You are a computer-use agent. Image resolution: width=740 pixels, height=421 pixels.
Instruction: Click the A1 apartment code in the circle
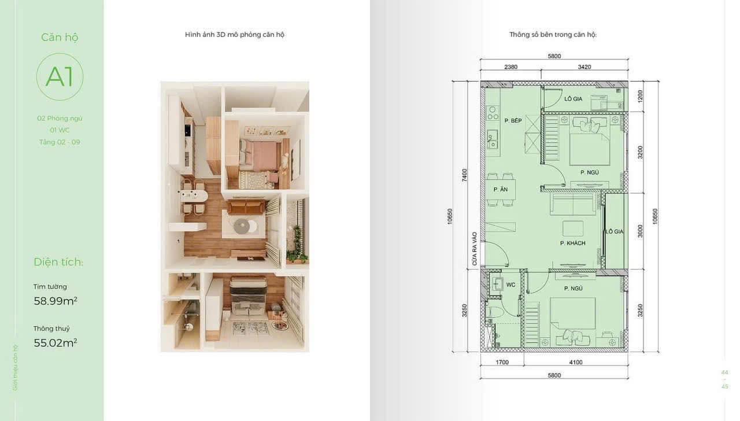coord(60,77)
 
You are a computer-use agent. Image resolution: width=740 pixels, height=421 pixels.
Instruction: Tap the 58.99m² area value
coord(55,301)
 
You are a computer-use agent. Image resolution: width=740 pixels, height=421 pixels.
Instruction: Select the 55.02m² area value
coord(55,343)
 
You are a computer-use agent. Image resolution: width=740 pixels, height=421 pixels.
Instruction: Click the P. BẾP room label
coord(513,121)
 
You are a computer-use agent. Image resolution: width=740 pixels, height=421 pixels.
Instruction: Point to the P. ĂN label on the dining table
coord(501,189)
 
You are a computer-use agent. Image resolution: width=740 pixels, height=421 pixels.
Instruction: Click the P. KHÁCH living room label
coord(572,243)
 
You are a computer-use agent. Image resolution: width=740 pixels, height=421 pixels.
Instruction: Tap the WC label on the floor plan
coord(510,285)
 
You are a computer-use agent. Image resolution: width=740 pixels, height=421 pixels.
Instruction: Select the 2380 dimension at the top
coord(510,67)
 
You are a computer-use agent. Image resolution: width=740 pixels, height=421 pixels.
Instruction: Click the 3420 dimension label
coord(584,67)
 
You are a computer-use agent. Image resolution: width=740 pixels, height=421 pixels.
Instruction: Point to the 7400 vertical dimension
coord(464,175)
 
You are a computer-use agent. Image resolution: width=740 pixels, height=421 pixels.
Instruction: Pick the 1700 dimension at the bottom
coord(502,363)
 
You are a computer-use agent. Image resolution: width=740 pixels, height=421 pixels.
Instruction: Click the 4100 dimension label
coord(576,363)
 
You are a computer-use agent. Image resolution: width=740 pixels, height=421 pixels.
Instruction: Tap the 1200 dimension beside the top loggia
coord(640,96)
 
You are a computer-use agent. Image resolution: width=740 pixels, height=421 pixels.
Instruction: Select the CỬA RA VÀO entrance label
coord(475,249)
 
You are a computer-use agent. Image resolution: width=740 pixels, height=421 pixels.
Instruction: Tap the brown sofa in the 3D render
coord(246,207)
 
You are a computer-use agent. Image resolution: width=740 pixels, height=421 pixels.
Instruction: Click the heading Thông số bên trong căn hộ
coord(553,35)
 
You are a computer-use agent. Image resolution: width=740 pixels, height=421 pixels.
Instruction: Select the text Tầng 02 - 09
coord(60,142)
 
